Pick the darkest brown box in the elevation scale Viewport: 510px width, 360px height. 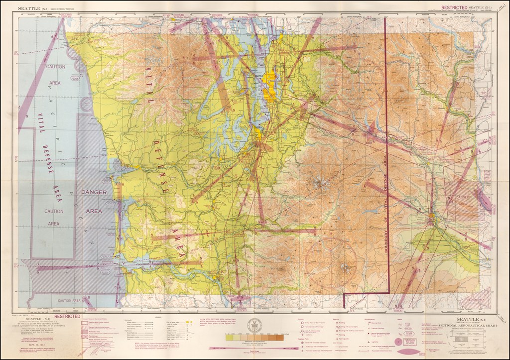pyautogui.click(x=280, y=337)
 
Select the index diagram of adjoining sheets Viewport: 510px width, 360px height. pyautogui.click(x=468, y=338)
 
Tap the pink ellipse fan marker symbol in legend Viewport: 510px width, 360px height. pyautogui.click(x=411, y=352)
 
